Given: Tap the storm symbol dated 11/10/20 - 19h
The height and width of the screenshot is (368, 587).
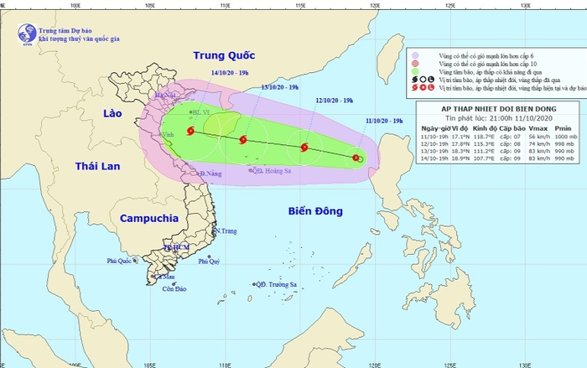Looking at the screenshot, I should [357, 158].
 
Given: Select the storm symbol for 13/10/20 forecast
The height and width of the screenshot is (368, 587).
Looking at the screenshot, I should [243, 140].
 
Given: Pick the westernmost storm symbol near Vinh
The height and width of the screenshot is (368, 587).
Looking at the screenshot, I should [192, 131].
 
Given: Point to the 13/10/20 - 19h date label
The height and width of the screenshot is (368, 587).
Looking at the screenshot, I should [279, 86].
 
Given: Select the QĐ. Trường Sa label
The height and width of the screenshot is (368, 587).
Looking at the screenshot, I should [278, 285].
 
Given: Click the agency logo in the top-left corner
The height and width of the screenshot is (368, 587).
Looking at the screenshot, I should [26, 33].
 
